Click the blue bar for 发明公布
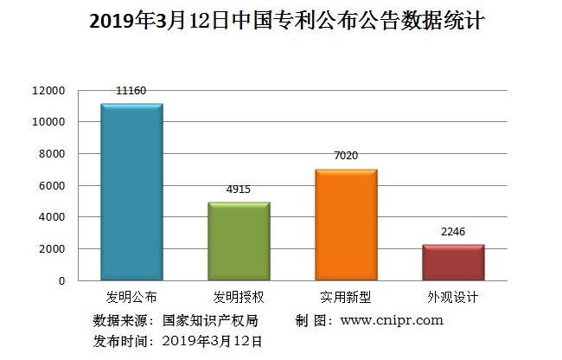(131, 192)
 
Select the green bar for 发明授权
(239, 241)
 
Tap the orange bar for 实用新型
(346, 225)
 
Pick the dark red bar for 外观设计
(453, 263)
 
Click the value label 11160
(131, 90)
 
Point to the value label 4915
(239, 189)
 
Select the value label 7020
(346, 156)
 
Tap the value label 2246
(453, 231)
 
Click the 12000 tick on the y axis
(50, 90)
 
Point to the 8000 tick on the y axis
(54, 154)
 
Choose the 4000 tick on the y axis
(54, 217)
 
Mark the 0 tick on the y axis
(61, 281)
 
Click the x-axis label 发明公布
(131, 297)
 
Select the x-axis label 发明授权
(239, 297)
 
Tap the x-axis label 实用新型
(346, 297)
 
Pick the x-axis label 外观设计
(453, 297)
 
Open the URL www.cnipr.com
(392, 320)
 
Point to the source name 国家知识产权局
(210, 320)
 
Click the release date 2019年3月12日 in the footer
(212, 341)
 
